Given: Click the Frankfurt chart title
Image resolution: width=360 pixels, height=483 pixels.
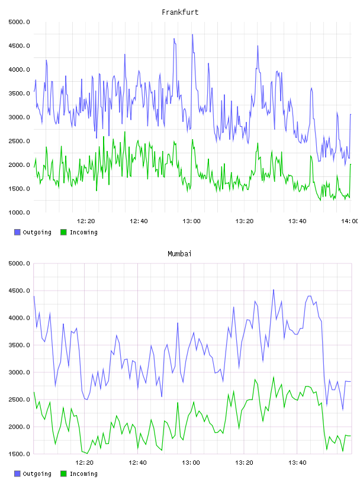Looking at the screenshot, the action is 180,12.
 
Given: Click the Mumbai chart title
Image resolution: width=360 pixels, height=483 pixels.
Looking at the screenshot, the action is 179,254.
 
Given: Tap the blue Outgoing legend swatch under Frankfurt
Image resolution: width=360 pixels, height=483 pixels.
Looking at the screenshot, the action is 17,232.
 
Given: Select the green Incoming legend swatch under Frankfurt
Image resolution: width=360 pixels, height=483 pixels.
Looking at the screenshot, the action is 63,232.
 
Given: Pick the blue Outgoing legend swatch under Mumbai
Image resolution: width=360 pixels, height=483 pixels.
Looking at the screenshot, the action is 17,474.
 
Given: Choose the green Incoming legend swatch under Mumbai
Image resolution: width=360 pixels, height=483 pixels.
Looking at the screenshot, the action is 63,474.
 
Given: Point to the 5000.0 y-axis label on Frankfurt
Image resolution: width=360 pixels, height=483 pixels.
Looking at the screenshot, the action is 19,22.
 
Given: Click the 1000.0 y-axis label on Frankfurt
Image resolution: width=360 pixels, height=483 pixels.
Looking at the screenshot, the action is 19,212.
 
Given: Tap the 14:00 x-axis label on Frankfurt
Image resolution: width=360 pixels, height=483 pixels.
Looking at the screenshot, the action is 350,221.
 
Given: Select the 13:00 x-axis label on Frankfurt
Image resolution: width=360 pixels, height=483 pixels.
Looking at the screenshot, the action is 191,221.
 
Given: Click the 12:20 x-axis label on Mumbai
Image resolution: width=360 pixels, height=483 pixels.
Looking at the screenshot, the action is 85,463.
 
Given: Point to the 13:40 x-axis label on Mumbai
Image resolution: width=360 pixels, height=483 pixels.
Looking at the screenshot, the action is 297,463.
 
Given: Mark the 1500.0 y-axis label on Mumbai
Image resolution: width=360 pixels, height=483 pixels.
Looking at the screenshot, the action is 19,454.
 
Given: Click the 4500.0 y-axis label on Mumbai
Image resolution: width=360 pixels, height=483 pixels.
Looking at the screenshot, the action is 19,291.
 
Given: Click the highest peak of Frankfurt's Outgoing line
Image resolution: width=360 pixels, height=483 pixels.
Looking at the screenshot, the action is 192,34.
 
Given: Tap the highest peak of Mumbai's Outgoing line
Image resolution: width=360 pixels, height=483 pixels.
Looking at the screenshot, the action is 274,290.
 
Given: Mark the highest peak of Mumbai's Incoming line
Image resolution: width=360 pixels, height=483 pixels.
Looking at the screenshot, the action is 274,376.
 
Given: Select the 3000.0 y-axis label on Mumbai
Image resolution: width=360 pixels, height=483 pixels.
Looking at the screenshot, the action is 19,372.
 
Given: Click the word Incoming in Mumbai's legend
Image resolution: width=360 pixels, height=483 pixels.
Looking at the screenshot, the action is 83,474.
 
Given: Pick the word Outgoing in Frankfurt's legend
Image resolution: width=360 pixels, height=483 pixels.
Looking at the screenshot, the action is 37,232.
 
